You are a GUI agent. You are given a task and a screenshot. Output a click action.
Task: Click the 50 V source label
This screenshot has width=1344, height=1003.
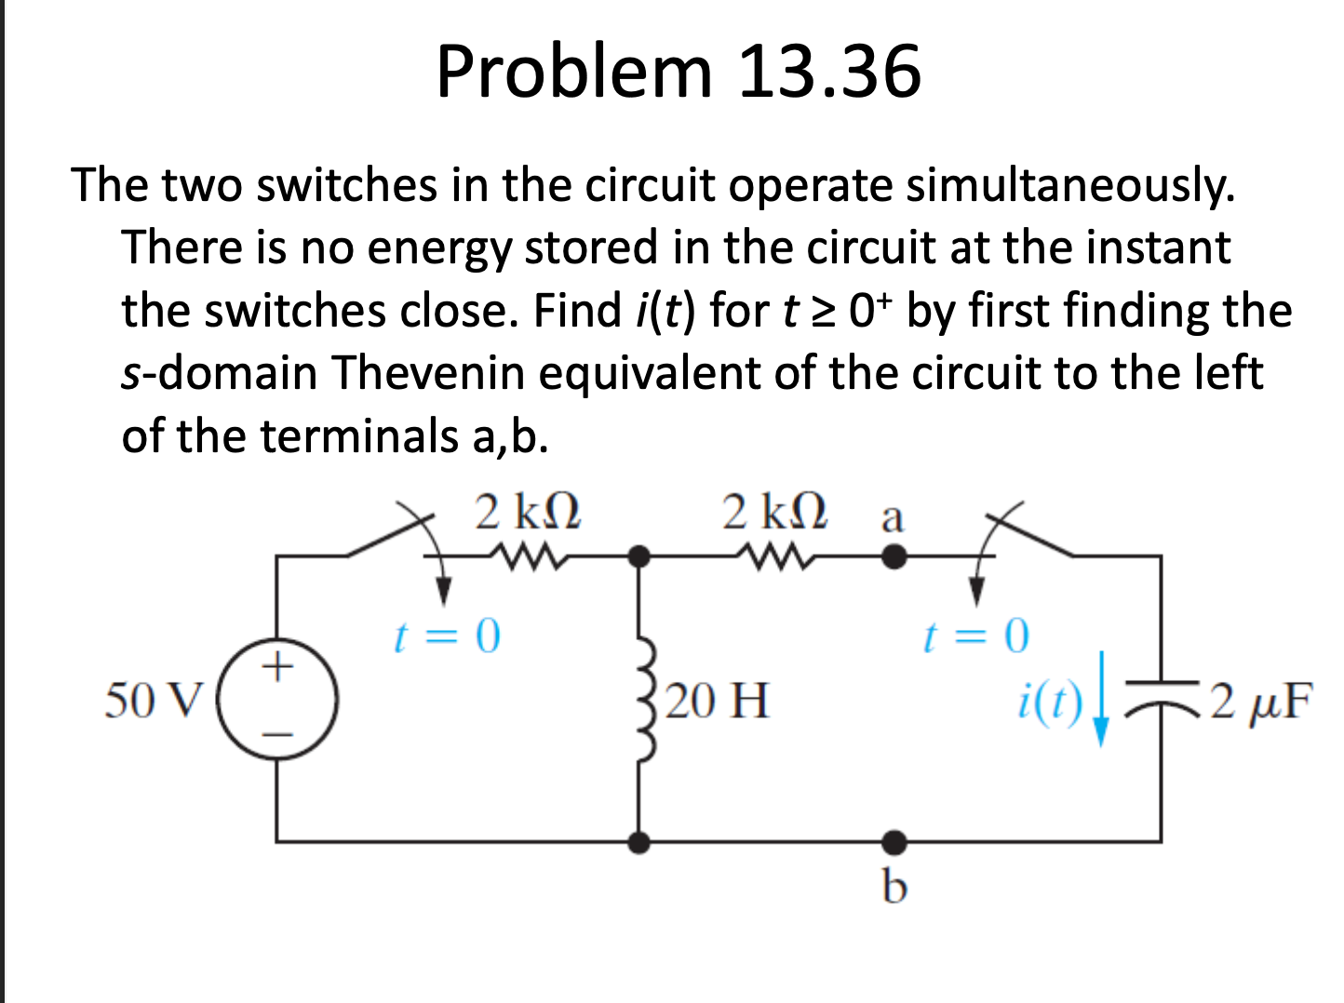pyautogui.click(x=153, y=700)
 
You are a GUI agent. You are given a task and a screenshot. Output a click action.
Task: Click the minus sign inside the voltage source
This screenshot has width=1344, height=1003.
pyautogui.click(x=276, y=735)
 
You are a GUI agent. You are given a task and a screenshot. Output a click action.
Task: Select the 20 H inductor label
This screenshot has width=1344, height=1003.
pyautogui.click(x=718, y=701)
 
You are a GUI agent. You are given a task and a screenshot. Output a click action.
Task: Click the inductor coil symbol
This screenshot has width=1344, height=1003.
pyautogui.click(x=644, y=701)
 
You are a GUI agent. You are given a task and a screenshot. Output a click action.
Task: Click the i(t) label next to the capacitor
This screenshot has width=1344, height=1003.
pyautogui.click(x=1049, y=702)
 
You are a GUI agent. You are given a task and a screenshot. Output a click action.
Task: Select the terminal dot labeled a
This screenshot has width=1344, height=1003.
pyautogui.click(x=894, y=557)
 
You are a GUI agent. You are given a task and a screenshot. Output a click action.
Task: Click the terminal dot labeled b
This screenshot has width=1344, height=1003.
pyautogui.click(x=894, y=842)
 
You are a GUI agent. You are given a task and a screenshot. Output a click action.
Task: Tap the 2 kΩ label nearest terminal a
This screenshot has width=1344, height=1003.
pyautogui.click(x=775, y=512)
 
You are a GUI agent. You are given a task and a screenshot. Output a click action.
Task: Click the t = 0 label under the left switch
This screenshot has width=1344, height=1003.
pyautogui.click(x=447, y=636)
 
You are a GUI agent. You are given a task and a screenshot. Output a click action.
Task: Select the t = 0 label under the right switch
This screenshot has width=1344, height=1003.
pyautogui.click(x=975, y=636)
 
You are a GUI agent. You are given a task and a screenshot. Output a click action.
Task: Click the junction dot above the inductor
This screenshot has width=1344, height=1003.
pyautogui.click(x=638, y=557)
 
